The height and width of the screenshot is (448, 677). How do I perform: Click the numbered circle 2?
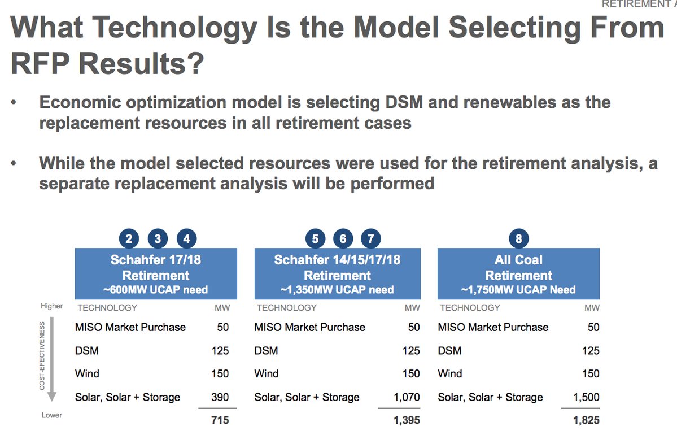click(129, 238)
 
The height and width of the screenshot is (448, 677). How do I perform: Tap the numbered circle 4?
click(186, 238)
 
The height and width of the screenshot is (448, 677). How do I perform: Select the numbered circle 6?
click(343, 238)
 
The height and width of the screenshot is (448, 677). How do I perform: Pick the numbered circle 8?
click(518, 238)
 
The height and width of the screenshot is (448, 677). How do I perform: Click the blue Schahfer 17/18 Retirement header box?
click(156, 274)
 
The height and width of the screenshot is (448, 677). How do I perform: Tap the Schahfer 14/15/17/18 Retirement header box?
click(337, 274)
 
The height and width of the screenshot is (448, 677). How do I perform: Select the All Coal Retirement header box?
click(518, 274)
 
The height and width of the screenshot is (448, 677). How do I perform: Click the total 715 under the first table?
click(219, 420)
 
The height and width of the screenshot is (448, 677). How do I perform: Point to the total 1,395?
click(407, 420)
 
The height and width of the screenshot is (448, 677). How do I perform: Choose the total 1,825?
click(587, 420)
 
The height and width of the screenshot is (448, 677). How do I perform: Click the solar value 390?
click(219, 397)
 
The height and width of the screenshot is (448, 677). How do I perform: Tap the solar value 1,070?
click(407, 397)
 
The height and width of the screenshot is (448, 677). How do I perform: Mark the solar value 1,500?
click(587, 397)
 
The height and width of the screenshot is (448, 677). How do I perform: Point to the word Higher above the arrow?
click(51, 306)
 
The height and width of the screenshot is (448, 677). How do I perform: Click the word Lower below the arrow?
click(51, 415)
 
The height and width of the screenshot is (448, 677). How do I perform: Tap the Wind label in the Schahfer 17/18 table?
click(87, 373)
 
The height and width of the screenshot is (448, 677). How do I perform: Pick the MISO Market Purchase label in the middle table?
click(309, 327)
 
